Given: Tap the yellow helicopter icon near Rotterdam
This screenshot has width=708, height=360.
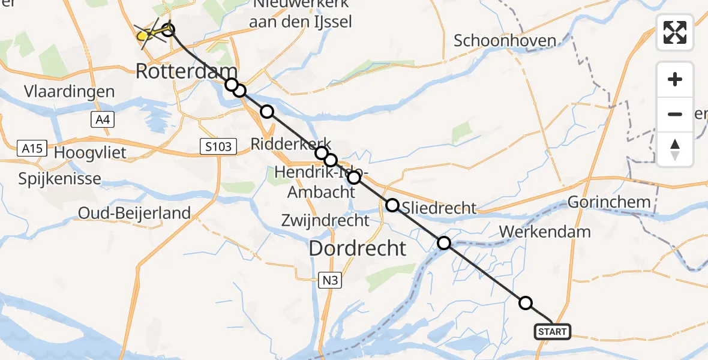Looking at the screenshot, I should point(144,35).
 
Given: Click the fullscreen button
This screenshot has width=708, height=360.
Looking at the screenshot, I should point(675,32).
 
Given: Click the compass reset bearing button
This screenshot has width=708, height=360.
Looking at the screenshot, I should point(675,149).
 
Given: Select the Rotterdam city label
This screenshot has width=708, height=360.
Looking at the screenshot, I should point(187,71).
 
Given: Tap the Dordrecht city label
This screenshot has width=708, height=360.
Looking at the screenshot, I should point(358,247).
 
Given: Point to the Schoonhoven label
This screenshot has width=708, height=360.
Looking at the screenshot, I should point(505,40).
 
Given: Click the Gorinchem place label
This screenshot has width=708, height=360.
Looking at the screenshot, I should point(609,202).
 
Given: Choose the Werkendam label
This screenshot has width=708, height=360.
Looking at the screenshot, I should point(544,232).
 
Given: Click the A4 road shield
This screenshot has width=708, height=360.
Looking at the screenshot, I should point(103,120).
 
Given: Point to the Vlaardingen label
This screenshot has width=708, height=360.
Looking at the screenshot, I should point(70,92).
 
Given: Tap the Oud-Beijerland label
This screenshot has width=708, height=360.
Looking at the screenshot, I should point(134,212).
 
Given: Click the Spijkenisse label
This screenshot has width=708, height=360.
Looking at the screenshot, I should point(59,179).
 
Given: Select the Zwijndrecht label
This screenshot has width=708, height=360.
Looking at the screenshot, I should point(326,220).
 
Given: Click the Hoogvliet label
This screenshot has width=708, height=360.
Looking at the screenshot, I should point(90,152).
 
